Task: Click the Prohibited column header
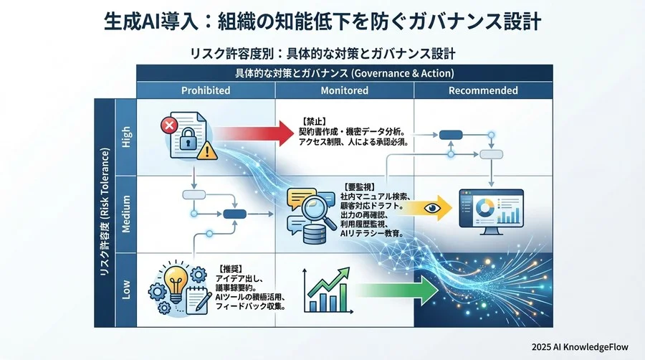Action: click(206, 91)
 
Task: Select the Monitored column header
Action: click(345, 91)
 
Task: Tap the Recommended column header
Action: click(483, 91)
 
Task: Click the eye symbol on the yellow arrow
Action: click(430, 207)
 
